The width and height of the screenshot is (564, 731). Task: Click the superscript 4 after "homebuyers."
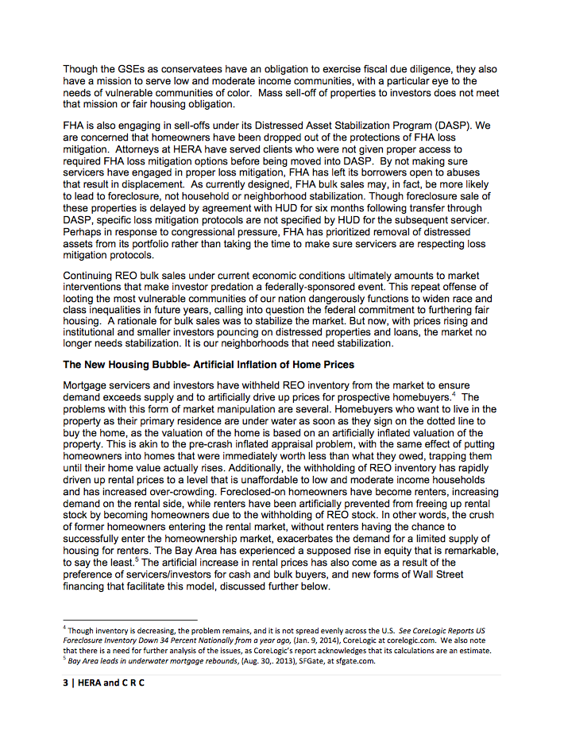[454, 393]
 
